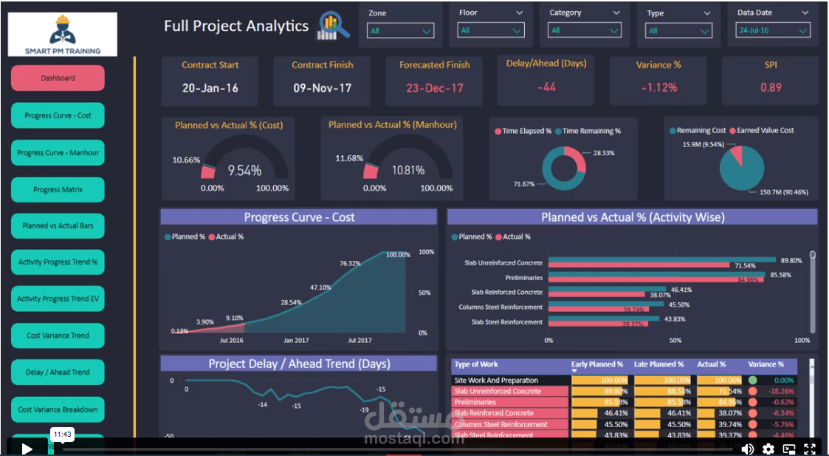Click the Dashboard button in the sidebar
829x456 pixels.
coord(58,78)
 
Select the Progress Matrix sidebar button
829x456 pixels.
coord(58,190)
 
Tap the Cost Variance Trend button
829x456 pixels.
coord(58,336)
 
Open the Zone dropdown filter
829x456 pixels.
coord(401,31)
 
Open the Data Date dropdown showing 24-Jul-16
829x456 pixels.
coord(773,30)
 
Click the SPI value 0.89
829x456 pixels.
coord(771,87)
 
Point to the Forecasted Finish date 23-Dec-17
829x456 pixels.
coord(435,88)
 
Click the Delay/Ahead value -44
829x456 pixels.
coord(546,87)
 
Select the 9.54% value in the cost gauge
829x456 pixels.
coord(244,171)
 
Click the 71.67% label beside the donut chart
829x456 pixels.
coord(524,184)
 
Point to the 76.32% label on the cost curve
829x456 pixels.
coord(350,263)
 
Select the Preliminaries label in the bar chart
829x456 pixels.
coord(523,278)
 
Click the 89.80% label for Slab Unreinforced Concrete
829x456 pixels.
coord(791,260)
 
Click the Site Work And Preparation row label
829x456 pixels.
coord(496,381)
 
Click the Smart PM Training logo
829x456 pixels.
coord(63,35)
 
